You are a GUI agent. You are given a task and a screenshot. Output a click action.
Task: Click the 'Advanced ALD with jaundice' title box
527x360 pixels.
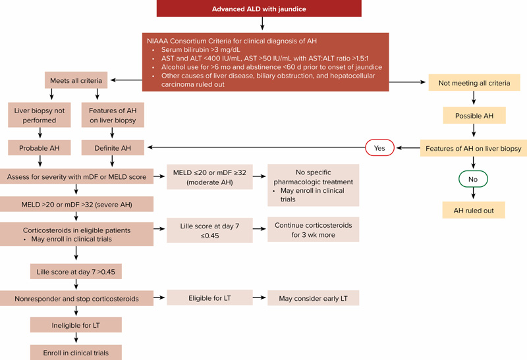(x=263, y=9)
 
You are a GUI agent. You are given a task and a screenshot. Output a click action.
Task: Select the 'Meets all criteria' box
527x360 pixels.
(x=77, y=81)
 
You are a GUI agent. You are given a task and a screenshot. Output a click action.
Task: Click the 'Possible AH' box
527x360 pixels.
(x=474, y=115)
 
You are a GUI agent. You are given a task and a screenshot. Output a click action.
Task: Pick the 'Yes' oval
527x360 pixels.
(x=379, y=148)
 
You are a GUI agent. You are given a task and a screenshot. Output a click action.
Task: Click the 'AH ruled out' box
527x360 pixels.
(x=474, y=211)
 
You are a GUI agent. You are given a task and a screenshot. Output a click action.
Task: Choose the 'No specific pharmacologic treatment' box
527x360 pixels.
(x=313, y=184)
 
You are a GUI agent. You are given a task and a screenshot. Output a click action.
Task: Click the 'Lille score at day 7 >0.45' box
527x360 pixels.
(x=78, y=271)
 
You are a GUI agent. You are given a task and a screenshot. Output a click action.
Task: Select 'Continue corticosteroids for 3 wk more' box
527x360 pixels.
(x=313, y=230)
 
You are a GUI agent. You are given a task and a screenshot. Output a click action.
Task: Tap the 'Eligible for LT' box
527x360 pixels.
(x=209, y=298)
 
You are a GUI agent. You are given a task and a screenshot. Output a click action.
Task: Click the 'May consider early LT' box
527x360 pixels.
(x=313, y=298)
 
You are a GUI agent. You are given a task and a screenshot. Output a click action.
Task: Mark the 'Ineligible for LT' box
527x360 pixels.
(x=78, y=325)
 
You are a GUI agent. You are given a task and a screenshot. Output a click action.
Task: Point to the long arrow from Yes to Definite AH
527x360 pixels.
(x=257, y=148)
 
